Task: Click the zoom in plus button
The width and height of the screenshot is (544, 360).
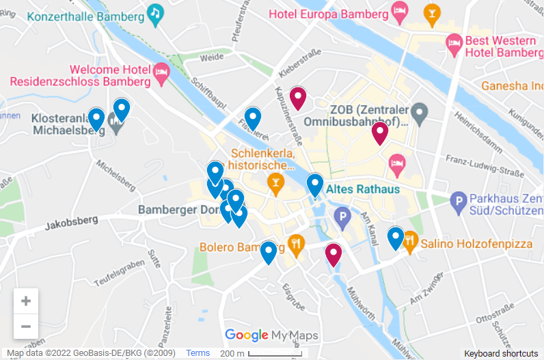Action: point(26,301)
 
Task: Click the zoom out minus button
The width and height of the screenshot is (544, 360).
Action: point(26,327)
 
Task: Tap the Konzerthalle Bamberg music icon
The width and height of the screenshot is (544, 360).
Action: point(156,14)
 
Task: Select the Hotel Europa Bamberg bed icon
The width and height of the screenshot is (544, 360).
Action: point(400,11)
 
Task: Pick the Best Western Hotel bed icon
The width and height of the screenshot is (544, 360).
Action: point(454,43)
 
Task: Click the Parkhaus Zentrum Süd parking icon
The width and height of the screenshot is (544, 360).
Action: point(459,201)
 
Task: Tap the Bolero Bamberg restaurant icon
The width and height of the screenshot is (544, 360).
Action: point(296,242)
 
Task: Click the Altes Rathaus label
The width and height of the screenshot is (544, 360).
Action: point(363,189)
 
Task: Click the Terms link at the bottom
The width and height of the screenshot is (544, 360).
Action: point(198,353)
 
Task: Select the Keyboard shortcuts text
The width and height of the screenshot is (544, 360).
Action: point(501,353)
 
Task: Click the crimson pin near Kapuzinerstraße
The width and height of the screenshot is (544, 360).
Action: point(297,97)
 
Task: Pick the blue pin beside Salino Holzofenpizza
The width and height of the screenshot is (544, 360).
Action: point(395,236)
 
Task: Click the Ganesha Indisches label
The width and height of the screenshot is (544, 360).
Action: point(512,86)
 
